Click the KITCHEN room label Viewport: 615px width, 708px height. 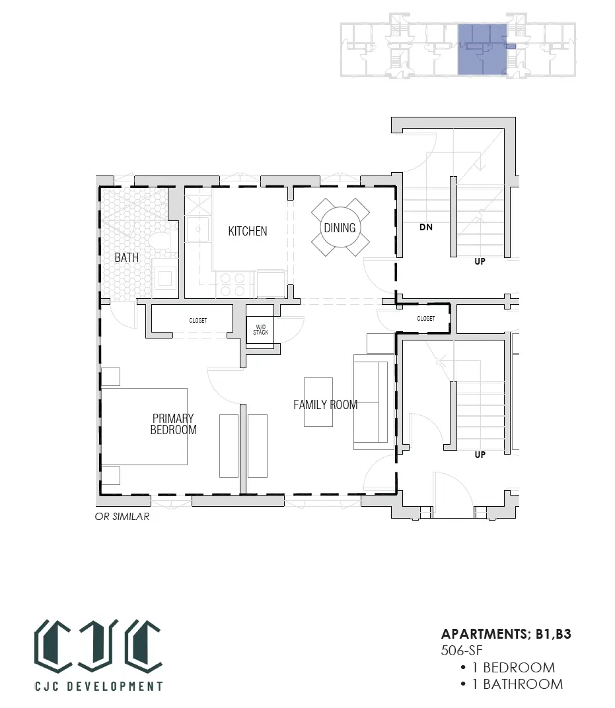pos(247,231)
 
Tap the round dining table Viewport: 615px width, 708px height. pos(340,228)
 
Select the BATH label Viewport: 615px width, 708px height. pos(127,257)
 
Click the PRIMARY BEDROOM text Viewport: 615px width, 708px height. pos(173,424)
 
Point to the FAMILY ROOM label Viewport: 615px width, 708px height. pos(326,404)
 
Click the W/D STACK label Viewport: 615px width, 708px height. pos(260,330)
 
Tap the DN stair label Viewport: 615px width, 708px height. pos(426,227)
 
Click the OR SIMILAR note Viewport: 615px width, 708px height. pos(122,516)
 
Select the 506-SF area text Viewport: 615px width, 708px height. pos(462,650)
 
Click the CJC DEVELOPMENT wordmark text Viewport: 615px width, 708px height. pos(99,686)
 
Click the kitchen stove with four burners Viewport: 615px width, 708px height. pos(233,284)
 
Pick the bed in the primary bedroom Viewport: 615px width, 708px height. pos(144,427)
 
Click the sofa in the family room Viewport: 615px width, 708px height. pos(373,402)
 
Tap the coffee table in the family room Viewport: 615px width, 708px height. pos(318,402)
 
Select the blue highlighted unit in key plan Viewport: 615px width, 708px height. pos(483,49)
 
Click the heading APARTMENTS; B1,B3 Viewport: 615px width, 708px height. pos(506,634)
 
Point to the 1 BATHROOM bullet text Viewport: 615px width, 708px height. pos(518,684)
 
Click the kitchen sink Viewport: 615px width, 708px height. pos(198,230)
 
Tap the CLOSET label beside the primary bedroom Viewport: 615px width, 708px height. pos(198,321)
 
